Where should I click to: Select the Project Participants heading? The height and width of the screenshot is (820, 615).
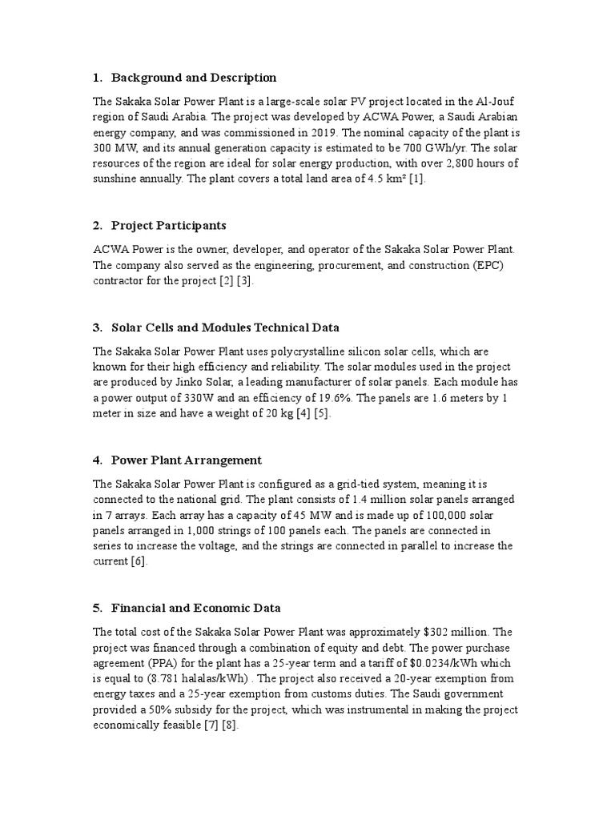(x=168, y=225)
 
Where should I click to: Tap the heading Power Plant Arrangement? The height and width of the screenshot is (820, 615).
(x=186, y=460)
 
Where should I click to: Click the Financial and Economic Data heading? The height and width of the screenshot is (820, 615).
(x=195, y=608)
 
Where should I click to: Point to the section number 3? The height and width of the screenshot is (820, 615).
(x=97, y=328)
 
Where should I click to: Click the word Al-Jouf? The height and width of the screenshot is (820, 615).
(x=496, y=102)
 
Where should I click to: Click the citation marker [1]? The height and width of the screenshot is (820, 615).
(x=417, y=179)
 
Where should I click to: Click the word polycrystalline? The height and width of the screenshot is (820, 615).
(x=274, y=352)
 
